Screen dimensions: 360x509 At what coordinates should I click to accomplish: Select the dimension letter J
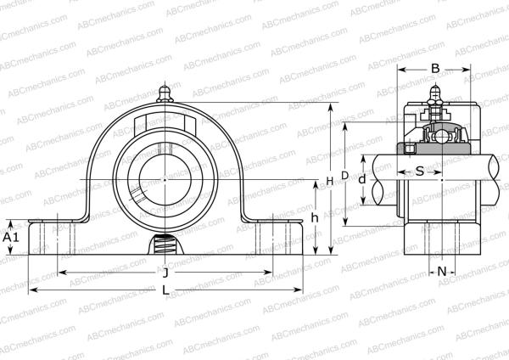[164, 273]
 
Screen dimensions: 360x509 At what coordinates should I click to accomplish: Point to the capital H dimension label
[329, 181]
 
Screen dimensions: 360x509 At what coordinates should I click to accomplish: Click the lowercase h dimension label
[315, 217]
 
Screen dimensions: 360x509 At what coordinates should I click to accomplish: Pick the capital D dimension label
[344, 175]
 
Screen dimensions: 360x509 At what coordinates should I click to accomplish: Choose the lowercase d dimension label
[362, 179]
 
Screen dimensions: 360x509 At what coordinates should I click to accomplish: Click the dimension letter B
[435, 70]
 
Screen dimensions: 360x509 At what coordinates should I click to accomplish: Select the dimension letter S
[419, 172]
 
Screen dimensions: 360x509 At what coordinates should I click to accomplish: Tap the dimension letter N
[442, 271]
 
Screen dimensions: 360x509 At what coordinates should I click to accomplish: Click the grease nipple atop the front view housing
[164, 93]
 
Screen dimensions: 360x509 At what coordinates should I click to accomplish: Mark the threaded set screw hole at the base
[164, 247]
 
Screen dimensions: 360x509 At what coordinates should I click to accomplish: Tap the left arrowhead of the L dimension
[31, 290]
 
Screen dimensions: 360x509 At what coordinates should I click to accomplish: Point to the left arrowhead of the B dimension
[401, 70]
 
